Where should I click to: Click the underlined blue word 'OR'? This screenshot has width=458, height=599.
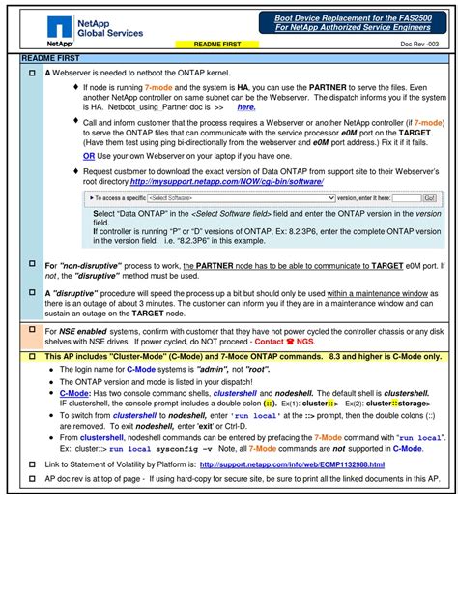point(89,155)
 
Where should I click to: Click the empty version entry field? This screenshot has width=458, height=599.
point(405,197)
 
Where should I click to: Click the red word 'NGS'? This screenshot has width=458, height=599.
point(305,342)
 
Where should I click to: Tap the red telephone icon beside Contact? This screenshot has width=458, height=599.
point(290,342)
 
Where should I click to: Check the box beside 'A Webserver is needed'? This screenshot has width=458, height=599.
point(32,74)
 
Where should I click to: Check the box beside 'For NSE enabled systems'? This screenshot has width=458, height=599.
point(32,331)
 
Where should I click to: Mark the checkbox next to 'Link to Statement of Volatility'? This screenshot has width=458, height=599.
point(32,464)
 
